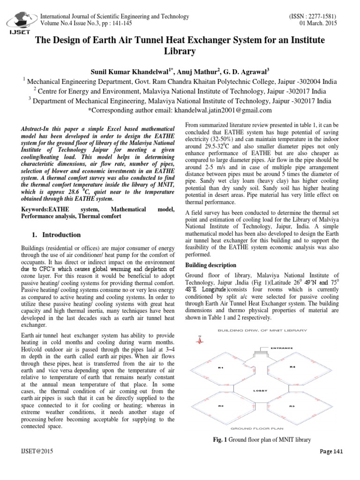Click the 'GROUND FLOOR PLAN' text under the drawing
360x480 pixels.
(257, 428)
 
